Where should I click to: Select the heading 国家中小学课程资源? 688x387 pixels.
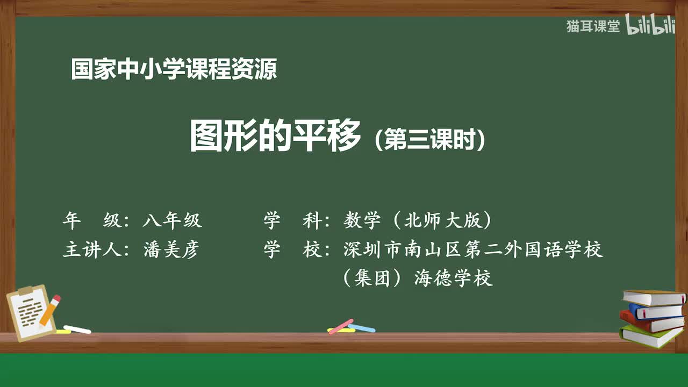[174, 70]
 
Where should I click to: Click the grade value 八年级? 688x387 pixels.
[172, 220]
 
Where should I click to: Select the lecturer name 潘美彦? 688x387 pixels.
[171, 250]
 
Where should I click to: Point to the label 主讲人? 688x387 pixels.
[89, 250]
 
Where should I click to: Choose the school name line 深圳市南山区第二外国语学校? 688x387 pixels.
[473, 250]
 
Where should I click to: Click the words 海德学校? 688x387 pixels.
[454, 278]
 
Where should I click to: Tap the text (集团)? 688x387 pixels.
[374, 278]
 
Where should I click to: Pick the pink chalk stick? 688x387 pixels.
[341, 326]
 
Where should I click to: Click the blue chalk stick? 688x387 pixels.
[362, 327]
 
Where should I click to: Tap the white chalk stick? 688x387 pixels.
[77, 329]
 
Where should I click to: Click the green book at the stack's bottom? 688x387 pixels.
[650, 336]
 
